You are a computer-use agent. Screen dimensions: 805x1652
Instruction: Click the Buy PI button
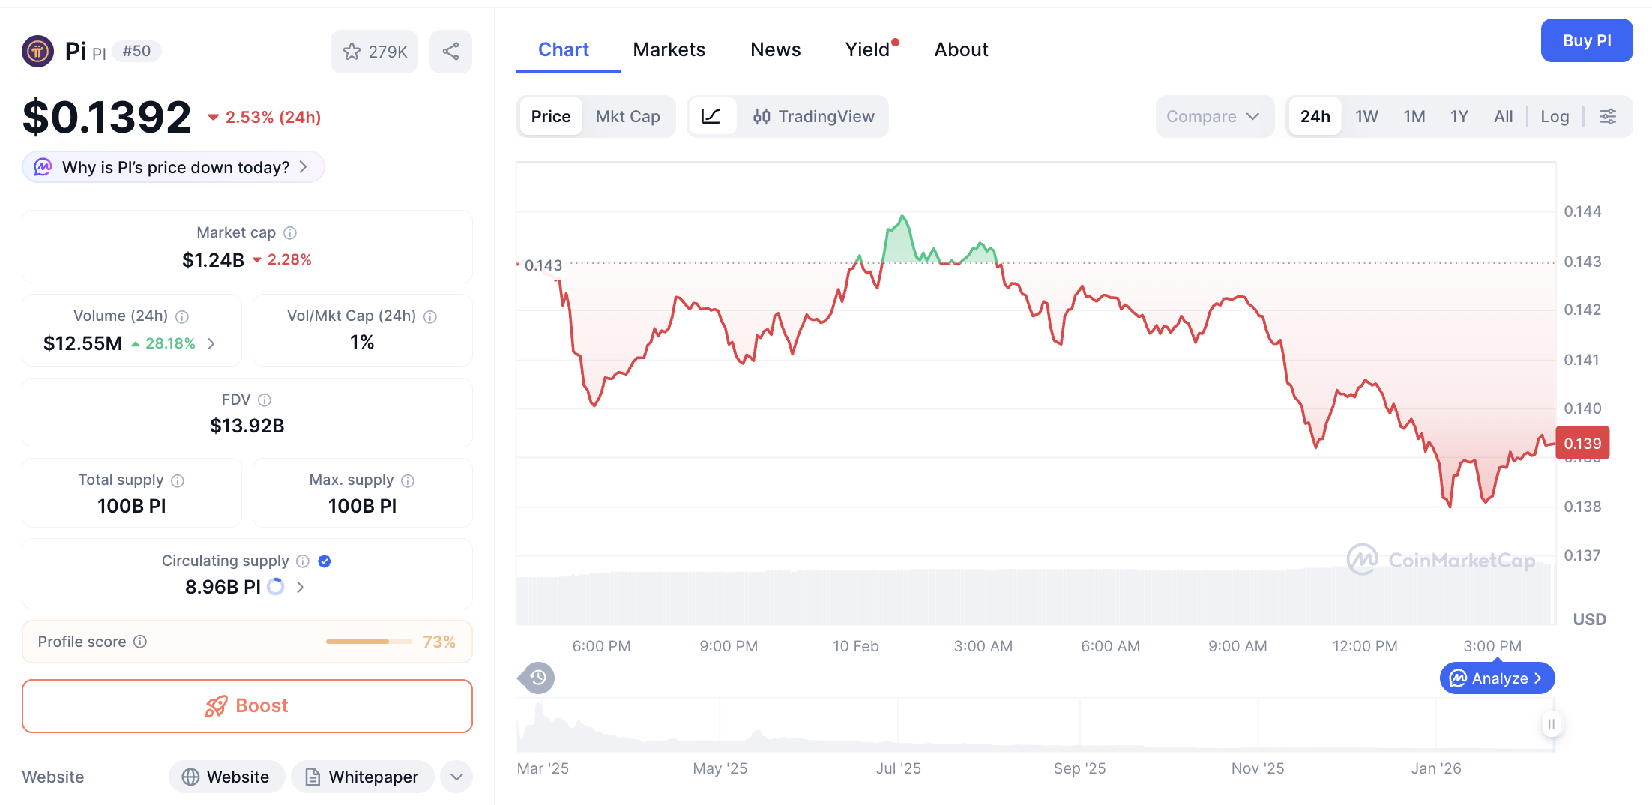pos(1586,41)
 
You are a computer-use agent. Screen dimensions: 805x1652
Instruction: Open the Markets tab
pos(669,49)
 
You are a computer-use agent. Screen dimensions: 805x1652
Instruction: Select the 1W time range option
pos(1366,116)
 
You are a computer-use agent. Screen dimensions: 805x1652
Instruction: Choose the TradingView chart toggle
pos(814,116)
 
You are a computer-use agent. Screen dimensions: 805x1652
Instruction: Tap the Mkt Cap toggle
pos(627,116)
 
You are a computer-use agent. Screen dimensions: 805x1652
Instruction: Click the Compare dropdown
pos(1213,116)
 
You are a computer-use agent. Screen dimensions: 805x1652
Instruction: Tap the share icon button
pos(450,52)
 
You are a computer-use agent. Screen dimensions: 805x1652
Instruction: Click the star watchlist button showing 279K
pos(374,52)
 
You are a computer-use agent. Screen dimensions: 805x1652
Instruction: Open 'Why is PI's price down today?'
pos(174,167)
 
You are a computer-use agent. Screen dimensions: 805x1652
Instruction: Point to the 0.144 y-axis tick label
pos(1582,211)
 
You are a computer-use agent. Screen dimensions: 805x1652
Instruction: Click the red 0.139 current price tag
pos(1582,444)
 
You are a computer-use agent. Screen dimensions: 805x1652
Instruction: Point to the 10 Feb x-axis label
pos(855,646)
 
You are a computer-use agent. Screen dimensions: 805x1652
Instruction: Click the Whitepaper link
pos(363,777)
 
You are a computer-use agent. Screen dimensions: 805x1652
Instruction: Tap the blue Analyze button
pos(1497,678)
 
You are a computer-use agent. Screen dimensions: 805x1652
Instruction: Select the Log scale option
pos(1554,116)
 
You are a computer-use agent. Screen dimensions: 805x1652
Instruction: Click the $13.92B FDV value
pos(247,426)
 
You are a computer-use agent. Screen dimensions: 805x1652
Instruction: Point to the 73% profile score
pos(438,642)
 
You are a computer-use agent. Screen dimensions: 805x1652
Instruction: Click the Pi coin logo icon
pos(38,52)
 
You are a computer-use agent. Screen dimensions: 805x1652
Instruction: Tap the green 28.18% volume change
pos(170,343)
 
